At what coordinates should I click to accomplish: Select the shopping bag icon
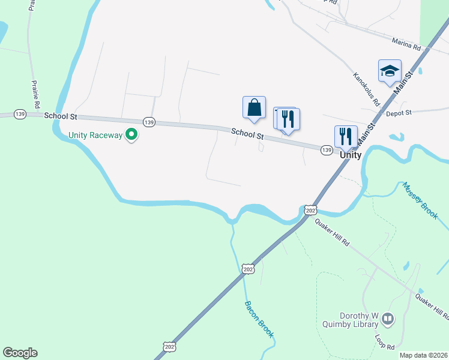coord(254,108)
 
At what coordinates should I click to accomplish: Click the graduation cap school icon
coord(390,71)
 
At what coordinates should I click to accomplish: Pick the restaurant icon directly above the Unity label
coord(346,137)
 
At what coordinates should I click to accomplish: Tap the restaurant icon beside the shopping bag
coord(288,119)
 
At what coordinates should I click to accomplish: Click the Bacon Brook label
coord(259,319)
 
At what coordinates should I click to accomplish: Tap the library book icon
coord(388,319)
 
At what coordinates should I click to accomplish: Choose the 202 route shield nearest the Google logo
coord(169,347)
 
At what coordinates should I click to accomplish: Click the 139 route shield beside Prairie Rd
coord(20,114)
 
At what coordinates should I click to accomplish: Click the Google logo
coord(20,353)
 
